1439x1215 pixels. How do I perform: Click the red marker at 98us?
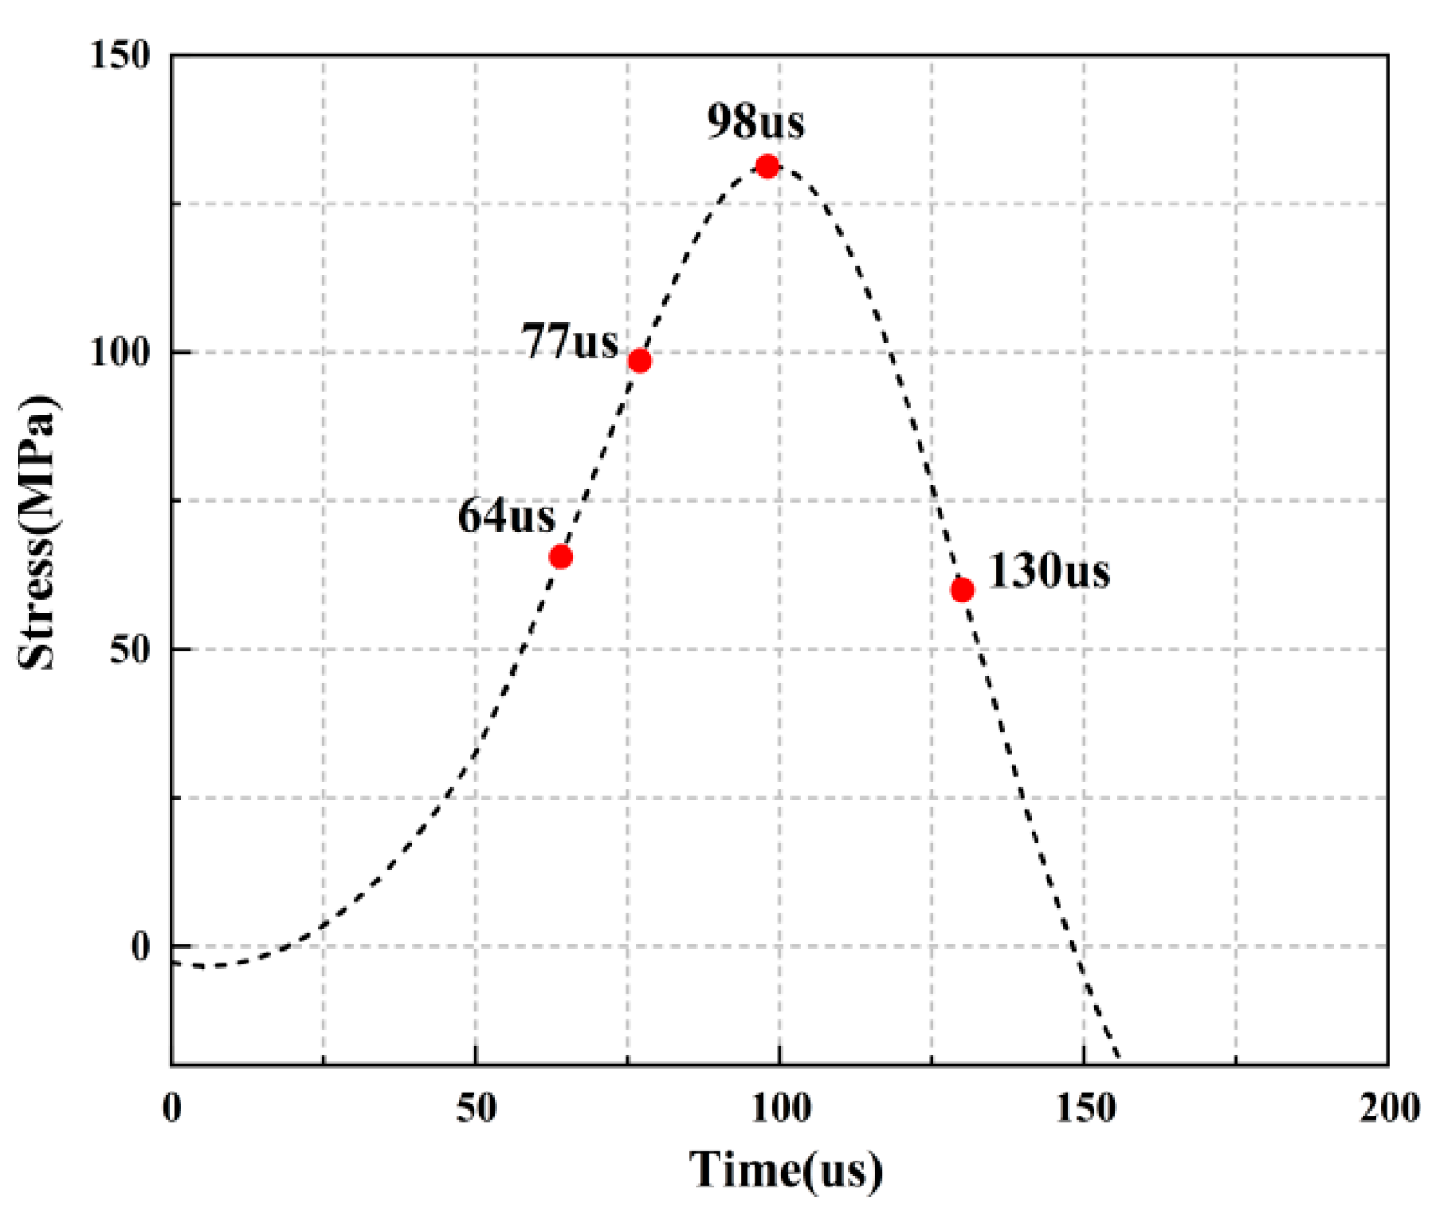tap(767, 167)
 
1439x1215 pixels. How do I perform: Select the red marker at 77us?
tap(639, 361)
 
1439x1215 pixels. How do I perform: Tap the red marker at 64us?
tap(560, 556)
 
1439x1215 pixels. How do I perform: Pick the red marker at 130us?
tap(962, 590)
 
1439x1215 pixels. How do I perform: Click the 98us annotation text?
tap(755, 122)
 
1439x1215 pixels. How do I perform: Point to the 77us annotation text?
tap(570, 342)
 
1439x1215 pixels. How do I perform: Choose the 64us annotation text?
tap(506, 516)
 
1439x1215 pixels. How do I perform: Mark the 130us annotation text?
tap(1048, 571)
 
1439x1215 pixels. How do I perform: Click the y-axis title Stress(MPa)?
tap(38, 532)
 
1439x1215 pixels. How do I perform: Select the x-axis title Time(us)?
tap(786, 1171)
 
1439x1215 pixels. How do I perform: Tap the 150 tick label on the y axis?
tap(121, 55)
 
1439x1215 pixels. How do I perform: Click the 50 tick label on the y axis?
tap(130, 649)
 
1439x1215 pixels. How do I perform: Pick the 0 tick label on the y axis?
tap(140, 946)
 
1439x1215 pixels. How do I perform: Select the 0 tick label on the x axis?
tap(172, 1108)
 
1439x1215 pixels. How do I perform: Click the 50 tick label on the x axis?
tap(475, 1108)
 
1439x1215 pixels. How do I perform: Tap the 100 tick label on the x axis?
tap(780, 1108)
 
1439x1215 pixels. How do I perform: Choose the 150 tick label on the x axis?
tap(1084, 1108)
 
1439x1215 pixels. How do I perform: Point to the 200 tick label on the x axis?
tap(1388, 1108)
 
